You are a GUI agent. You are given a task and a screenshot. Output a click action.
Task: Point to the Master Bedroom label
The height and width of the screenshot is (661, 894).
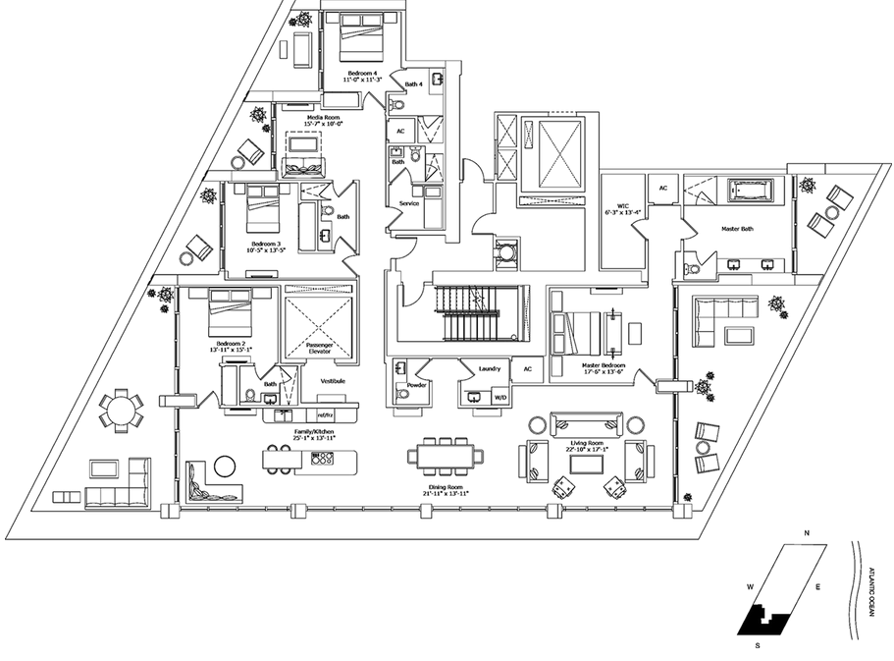(x=602, y=365)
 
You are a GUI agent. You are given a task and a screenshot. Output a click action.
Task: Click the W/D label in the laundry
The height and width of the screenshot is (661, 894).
(x=500, y=398)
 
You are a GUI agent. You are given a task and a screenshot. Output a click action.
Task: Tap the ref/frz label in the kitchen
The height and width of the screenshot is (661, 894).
(x=325, y=415)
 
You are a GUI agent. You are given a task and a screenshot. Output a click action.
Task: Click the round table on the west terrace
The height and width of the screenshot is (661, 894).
(x=120, y=409)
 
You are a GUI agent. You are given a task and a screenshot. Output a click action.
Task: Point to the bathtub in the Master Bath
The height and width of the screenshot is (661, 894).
(x=750, y=189)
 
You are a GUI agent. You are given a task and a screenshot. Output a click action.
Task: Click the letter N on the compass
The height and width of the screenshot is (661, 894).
(x=806, y=533)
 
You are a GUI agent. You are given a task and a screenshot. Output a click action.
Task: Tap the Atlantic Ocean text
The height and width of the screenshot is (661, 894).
(x=871, y=590)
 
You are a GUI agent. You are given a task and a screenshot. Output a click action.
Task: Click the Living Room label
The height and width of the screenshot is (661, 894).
(x=586, y=443)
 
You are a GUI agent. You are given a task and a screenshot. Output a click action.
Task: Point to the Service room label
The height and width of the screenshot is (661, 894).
(x=408, y=203)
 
